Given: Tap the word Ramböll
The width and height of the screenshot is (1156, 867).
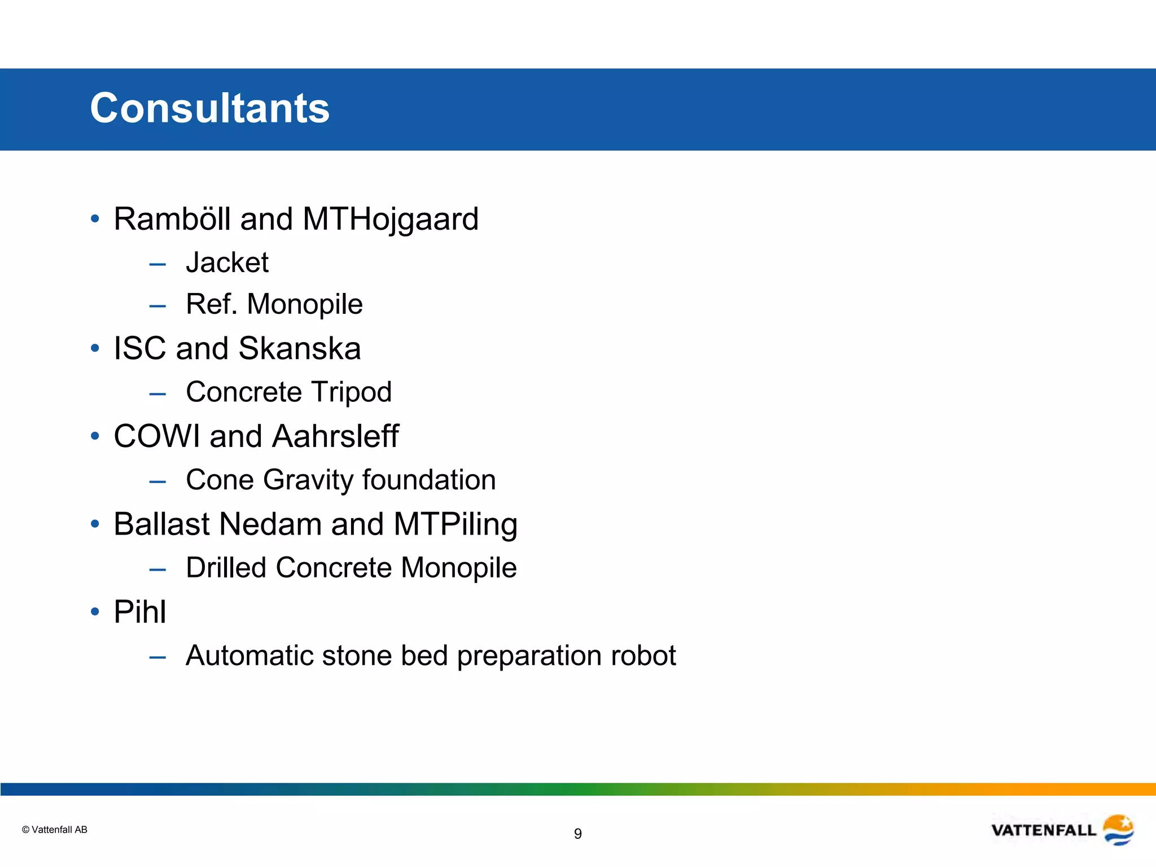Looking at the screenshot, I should [172, 219].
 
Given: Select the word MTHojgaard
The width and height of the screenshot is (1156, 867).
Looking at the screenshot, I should [390, 219].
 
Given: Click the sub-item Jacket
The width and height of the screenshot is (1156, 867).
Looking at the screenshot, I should [227, 262].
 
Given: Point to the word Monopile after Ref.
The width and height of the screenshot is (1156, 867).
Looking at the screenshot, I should [305, 304].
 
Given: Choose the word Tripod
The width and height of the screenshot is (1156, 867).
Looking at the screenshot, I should [351, 392].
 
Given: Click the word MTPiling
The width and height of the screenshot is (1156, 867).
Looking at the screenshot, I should [455, 524].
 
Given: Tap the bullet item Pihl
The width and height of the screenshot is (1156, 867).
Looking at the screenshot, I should [140, 612].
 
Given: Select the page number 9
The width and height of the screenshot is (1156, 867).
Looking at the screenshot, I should [577, 834].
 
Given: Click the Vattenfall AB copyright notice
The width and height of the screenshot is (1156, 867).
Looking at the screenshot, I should [54, 830].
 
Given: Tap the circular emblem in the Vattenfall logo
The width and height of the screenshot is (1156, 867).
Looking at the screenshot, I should [1118, 830].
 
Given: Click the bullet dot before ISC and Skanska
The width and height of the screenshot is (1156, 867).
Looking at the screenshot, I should [95, 348].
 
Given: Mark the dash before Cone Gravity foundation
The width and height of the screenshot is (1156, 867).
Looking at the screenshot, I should [157, 482].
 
